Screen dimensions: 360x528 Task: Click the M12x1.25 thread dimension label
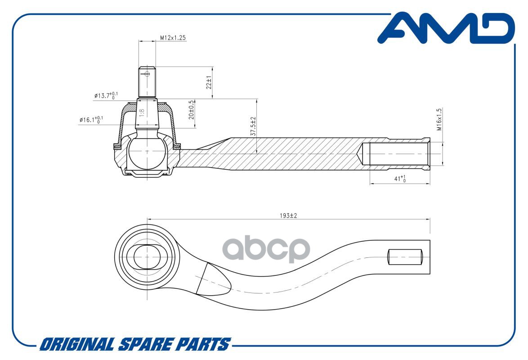[x=173, y=38]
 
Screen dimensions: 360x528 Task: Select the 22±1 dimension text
[x=209, y=82]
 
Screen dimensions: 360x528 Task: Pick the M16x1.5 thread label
[x=439, y=119]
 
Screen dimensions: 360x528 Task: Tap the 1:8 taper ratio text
[x=142, y=113]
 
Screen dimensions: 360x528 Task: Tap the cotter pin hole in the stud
[x=147, y=74]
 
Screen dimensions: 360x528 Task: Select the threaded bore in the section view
[x=396, y=153]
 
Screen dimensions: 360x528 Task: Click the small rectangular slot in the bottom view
[x=405, y=257]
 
